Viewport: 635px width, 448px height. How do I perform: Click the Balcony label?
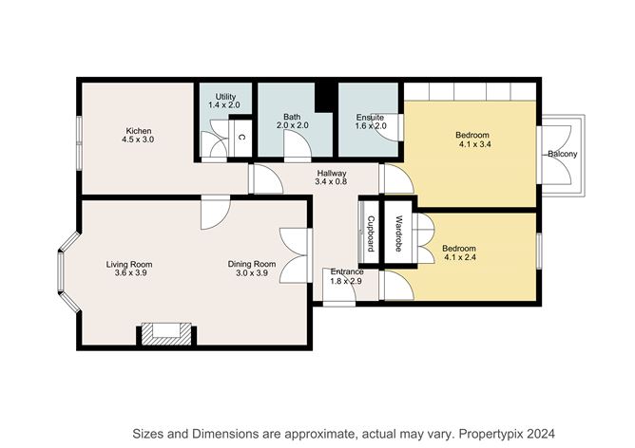(x=562, y=155)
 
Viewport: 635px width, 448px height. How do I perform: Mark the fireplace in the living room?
(x=167, y=332)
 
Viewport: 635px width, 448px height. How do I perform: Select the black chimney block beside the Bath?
(x=325, y=96)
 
